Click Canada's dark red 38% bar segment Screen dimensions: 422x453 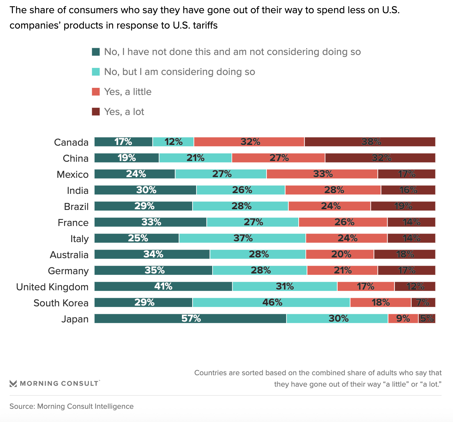370,142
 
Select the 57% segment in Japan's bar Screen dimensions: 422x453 190,318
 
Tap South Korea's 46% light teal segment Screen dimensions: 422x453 272,302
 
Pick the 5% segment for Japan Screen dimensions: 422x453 427,318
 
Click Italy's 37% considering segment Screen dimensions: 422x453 243,238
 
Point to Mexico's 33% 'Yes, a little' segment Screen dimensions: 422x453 322,174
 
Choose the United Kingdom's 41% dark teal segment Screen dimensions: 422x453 163,286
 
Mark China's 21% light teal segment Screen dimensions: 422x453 195,158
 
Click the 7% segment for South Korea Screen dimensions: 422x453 423,302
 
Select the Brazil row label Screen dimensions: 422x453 76,207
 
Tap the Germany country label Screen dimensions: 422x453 68,271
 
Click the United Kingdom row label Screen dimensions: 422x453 52,287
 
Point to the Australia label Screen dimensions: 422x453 69,255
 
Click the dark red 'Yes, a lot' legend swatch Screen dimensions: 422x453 96,112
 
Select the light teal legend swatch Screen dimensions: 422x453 96,72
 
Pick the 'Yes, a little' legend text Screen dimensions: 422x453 128,92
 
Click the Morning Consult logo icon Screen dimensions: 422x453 13,384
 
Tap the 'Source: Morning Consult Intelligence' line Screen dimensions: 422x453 71,406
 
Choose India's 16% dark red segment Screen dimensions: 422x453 408,190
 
